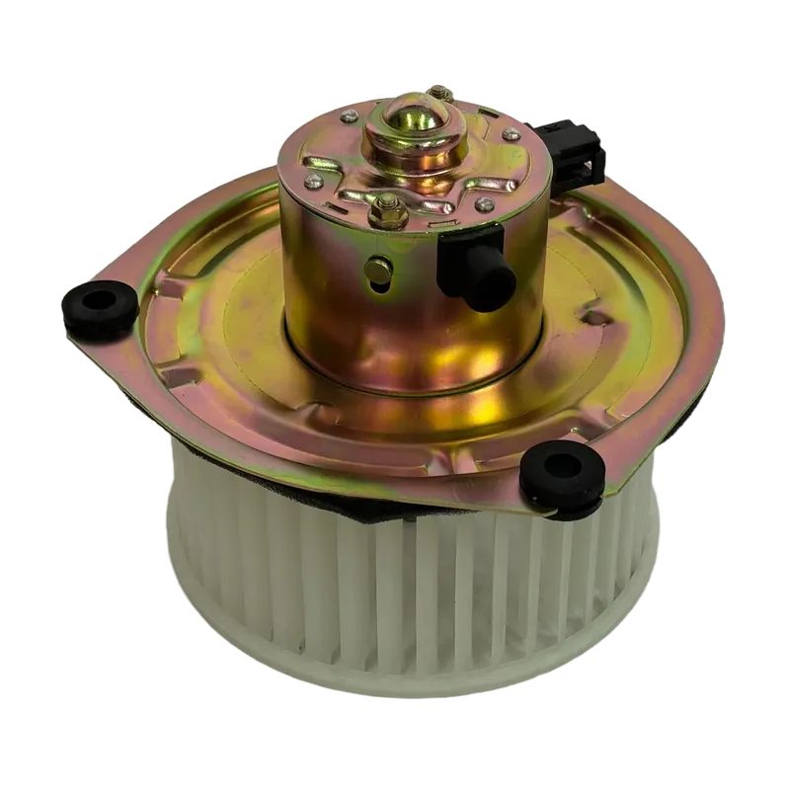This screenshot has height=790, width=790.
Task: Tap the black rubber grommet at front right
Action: pyautogui.click(x=561, y=476)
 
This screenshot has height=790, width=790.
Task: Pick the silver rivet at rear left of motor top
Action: pyautogui.click(x=349, y=118)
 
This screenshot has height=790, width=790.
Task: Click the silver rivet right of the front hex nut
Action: pyautogui.click(x=483, y=204)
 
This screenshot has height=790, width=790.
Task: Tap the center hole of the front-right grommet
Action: pyautogui.click(x=562, y=465)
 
